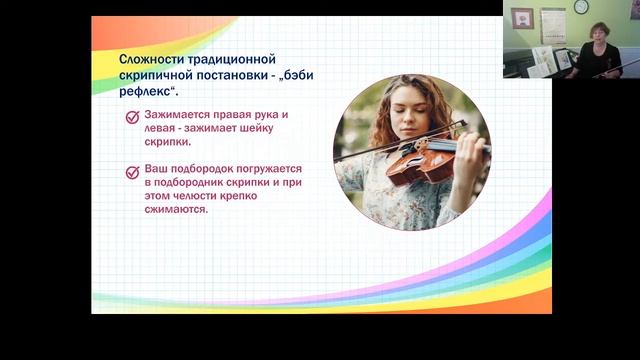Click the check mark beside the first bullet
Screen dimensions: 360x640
pyautogui.click(x=132, y=117)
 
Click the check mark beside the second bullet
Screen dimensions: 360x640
pyautogui.click(x=132, y=172)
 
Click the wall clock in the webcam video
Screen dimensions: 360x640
pyautogui.click(x=580, y=8)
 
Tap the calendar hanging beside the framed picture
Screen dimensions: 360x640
pyautogui.click(x=552, y=22)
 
